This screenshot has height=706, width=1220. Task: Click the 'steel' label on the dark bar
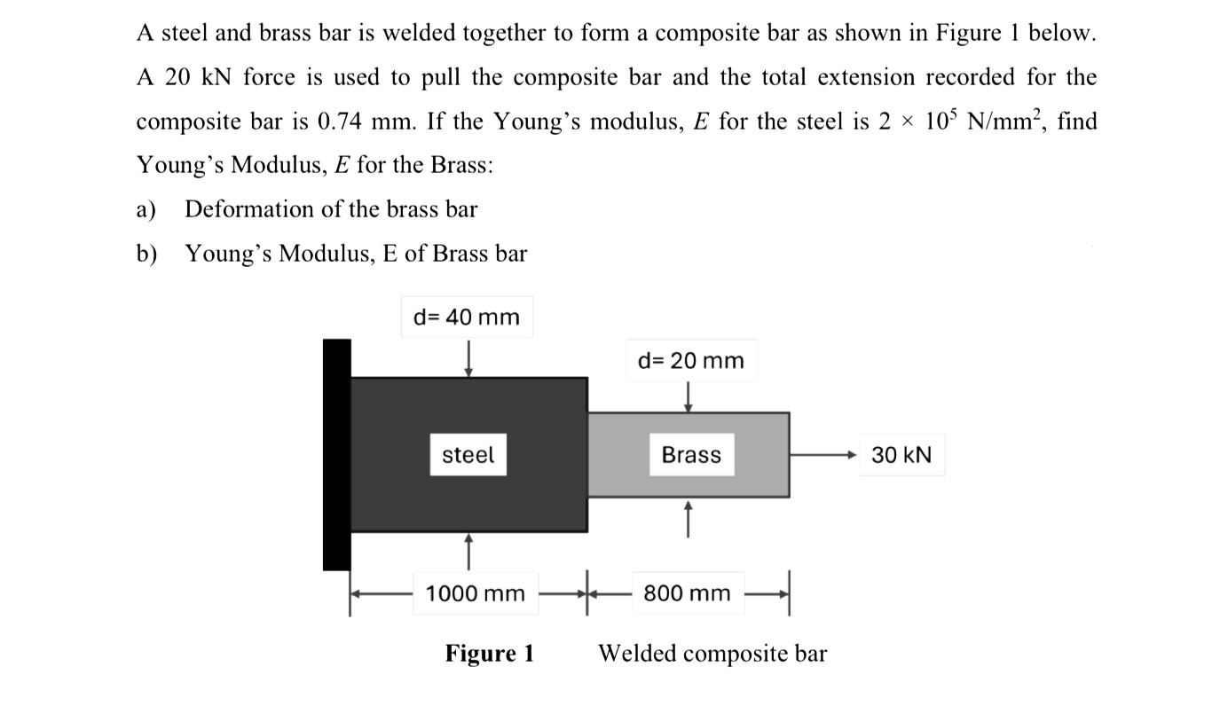pyautogui.click(x=468, y=455)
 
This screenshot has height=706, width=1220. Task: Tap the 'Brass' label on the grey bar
pyautogui.click(x=691, y=455)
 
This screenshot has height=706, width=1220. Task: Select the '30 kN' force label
pyautogui.click(x=901, y=455)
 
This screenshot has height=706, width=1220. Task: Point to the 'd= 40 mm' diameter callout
pyautogui.click(x=467, y=317)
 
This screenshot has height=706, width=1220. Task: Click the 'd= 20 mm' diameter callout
pyautogui.click(x=691, y=361)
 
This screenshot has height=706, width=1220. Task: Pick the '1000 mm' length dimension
pyautogui.click(x=476, y=593)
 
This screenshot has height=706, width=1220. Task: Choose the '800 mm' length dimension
pyautogui.click(x=687, y=593)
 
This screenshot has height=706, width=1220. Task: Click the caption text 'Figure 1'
pyautogui.click(x=490, y=655)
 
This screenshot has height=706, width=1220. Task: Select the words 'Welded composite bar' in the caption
pyautogui.click(x=712, y=655)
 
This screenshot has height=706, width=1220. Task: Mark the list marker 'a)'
pyautogui.click(x=146, y=210)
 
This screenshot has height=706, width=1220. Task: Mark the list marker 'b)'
pyautogui.click(x=146, y=255)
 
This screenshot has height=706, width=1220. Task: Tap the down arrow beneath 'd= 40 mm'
pyautogui.click(x=468, y=360)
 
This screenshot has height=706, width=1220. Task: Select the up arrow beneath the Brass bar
pyautogui.click(x=688, y=518)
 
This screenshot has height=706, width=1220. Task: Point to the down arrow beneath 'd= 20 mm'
pyautogui.click(x=688, y=396)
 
